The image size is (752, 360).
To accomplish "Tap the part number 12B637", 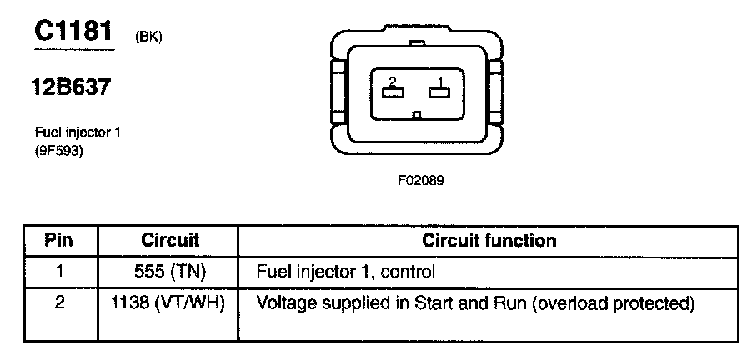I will point(72,87).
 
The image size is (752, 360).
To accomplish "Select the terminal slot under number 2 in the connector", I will point(391,92).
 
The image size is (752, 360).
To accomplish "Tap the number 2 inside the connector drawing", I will point(390,80).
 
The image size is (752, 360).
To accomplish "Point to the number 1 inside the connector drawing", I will point(439,80).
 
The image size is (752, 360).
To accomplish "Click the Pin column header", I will point(59,241).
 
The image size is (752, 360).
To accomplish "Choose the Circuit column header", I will point(170,241).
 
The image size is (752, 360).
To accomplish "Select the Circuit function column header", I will point(489,241).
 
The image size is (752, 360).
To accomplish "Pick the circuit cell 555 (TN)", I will point(170,271).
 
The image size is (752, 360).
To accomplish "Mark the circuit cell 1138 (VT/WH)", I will point(170,302).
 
